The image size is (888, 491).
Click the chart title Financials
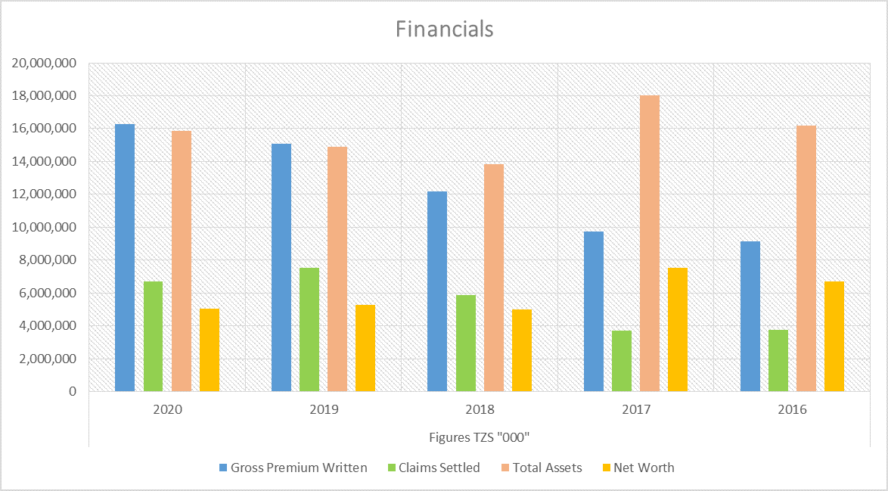(444, 29)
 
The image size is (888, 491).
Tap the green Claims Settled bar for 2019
(309, 330)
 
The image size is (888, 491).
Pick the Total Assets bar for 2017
(650, 244)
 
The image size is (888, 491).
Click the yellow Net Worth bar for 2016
(834, 337)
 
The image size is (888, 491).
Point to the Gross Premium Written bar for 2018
(437, 292)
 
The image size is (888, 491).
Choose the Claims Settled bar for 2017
(622, 362)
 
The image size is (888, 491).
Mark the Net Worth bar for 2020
(210, 350)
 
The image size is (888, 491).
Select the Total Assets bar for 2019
(337, 269)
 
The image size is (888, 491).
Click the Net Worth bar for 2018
(522, 350)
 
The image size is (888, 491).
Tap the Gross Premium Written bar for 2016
(750, 316)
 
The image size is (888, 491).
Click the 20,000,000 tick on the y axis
(44, 63)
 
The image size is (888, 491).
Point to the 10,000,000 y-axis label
(44, 227)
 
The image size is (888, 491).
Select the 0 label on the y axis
(72, 391)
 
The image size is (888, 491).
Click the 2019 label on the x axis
(324, 409)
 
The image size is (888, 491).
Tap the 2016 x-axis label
(792, 409)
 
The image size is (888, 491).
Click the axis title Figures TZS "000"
(479, 437)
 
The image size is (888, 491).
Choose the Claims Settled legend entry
(433, 468)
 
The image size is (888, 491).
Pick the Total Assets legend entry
(542, 468)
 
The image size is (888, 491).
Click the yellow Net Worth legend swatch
(607, 468)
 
